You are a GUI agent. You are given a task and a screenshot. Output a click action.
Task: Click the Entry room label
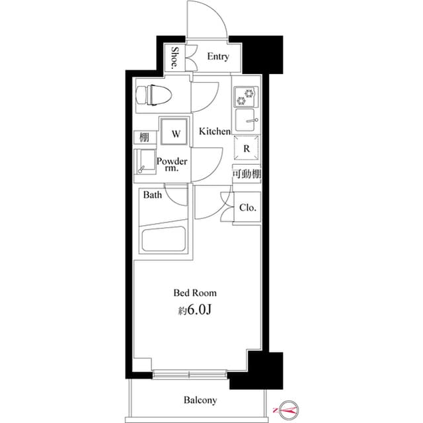217,57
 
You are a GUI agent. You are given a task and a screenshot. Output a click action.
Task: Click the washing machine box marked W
176,133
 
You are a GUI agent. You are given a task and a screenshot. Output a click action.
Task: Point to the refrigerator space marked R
246,149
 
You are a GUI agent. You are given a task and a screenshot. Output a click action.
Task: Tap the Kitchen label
215,132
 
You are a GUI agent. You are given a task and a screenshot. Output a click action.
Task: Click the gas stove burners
246,97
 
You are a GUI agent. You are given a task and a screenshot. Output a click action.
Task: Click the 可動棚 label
246,173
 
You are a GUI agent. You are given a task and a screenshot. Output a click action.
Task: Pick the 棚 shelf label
143,138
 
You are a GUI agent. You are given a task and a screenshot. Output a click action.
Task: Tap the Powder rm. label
173,165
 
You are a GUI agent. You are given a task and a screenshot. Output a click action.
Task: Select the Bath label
153,195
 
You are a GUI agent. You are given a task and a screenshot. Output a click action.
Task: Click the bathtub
162,239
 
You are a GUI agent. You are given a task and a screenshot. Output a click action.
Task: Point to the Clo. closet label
248,208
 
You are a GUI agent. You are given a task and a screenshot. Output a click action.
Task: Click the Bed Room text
195,292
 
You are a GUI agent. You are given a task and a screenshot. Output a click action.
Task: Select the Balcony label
200,400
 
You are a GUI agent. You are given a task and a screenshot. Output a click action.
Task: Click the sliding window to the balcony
190,375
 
